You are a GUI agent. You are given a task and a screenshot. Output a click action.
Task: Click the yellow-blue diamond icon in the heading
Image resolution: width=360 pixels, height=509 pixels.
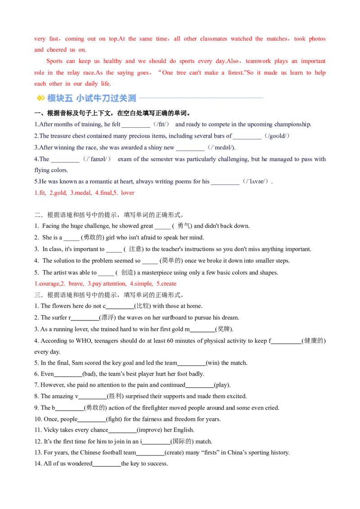click(40, 98)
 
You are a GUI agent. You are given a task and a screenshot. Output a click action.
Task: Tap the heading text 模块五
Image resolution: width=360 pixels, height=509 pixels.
click(60, 98)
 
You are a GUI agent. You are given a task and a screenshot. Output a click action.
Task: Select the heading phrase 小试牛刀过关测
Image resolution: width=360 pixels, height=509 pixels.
click(106, 98)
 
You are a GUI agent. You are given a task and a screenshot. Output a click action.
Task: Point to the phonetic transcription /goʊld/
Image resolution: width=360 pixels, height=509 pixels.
click(277, 136)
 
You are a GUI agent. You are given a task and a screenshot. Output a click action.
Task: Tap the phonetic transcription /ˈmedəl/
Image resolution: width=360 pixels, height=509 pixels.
click(221, 147)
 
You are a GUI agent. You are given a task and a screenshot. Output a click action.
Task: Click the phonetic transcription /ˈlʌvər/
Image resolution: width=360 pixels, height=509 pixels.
click(256, 182)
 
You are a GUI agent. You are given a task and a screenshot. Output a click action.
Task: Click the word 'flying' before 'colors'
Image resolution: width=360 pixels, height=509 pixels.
click(42, 170)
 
